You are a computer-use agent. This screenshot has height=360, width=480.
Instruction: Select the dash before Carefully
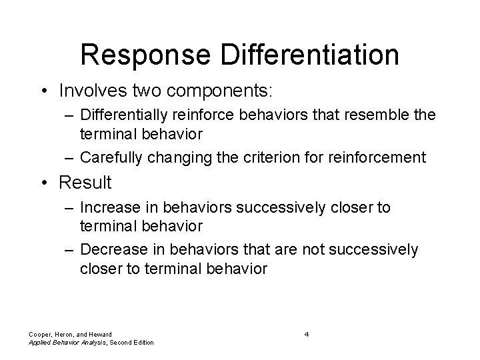69,157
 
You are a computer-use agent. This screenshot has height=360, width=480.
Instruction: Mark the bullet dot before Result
49,183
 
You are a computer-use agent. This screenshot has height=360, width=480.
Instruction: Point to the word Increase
109,208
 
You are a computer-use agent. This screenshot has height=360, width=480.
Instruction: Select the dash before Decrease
69,249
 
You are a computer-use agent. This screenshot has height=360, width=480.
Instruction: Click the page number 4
306,333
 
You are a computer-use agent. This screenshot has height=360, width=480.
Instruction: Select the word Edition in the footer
141,342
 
